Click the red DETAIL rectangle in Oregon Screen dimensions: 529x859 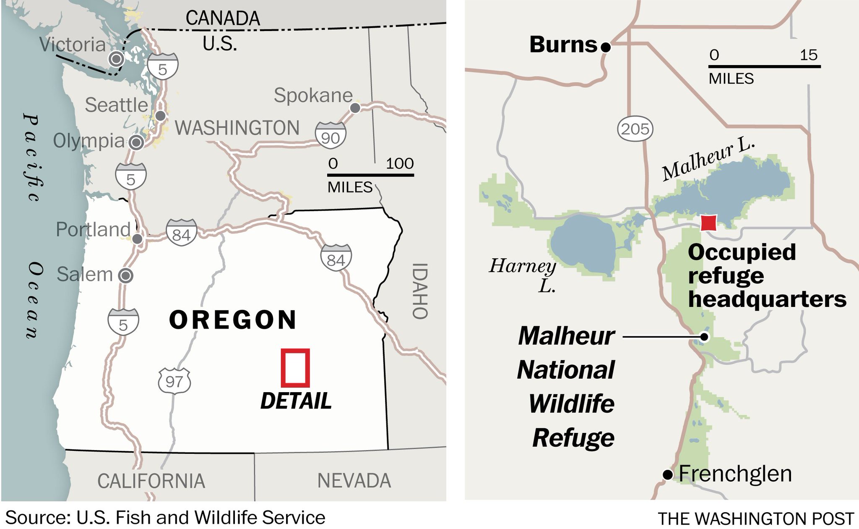[x=295, y=368]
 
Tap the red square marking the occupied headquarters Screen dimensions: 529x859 [x=708, y=223]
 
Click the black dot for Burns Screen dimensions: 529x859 [x=605, y=47]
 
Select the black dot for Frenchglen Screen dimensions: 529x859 [x=667, y=475]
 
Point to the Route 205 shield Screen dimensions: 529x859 [x=635, y=128]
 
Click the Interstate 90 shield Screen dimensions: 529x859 [x=331, y=136]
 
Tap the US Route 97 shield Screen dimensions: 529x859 [x=174, y=381]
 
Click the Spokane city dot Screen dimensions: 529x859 [x=355, y=108]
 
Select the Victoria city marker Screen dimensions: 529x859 [x=116, y=59]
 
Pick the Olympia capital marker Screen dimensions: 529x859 [x=136, y=143]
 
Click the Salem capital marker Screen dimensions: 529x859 [x=125, y=276]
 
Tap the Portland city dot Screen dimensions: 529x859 [x=137, y=239]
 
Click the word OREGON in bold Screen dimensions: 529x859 [x=233, y=320]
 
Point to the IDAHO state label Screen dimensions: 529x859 [x=420, y=291]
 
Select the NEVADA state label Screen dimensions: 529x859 [x=354, y=481]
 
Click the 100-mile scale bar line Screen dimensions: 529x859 [x=370, y=175]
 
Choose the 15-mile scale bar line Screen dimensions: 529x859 [x=764, y=66]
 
